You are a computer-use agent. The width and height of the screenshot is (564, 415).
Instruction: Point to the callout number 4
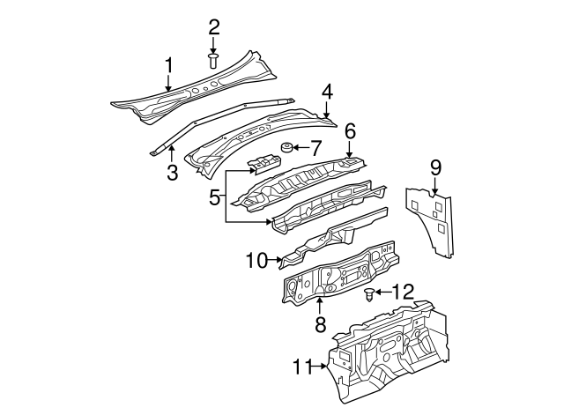tap(326, 91)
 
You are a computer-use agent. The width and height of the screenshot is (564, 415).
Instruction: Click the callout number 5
tap(213, 199)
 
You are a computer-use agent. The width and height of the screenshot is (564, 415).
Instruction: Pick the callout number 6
tap(350, 130)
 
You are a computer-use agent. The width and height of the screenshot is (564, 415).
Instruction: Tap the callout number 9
tap(434, 167)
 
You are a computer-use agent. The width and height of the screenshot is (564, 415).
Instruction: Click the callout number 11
tap(302, 367)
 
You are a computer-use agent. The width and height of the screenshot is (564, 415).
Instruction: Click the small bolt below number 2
tap(213, 60)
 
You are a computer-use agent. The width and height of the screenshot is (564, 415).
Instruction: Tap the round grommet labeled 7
tap(287, 147)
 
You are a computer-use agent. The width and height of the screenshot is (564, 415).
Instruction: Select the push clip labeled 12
tap(369, 293)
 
